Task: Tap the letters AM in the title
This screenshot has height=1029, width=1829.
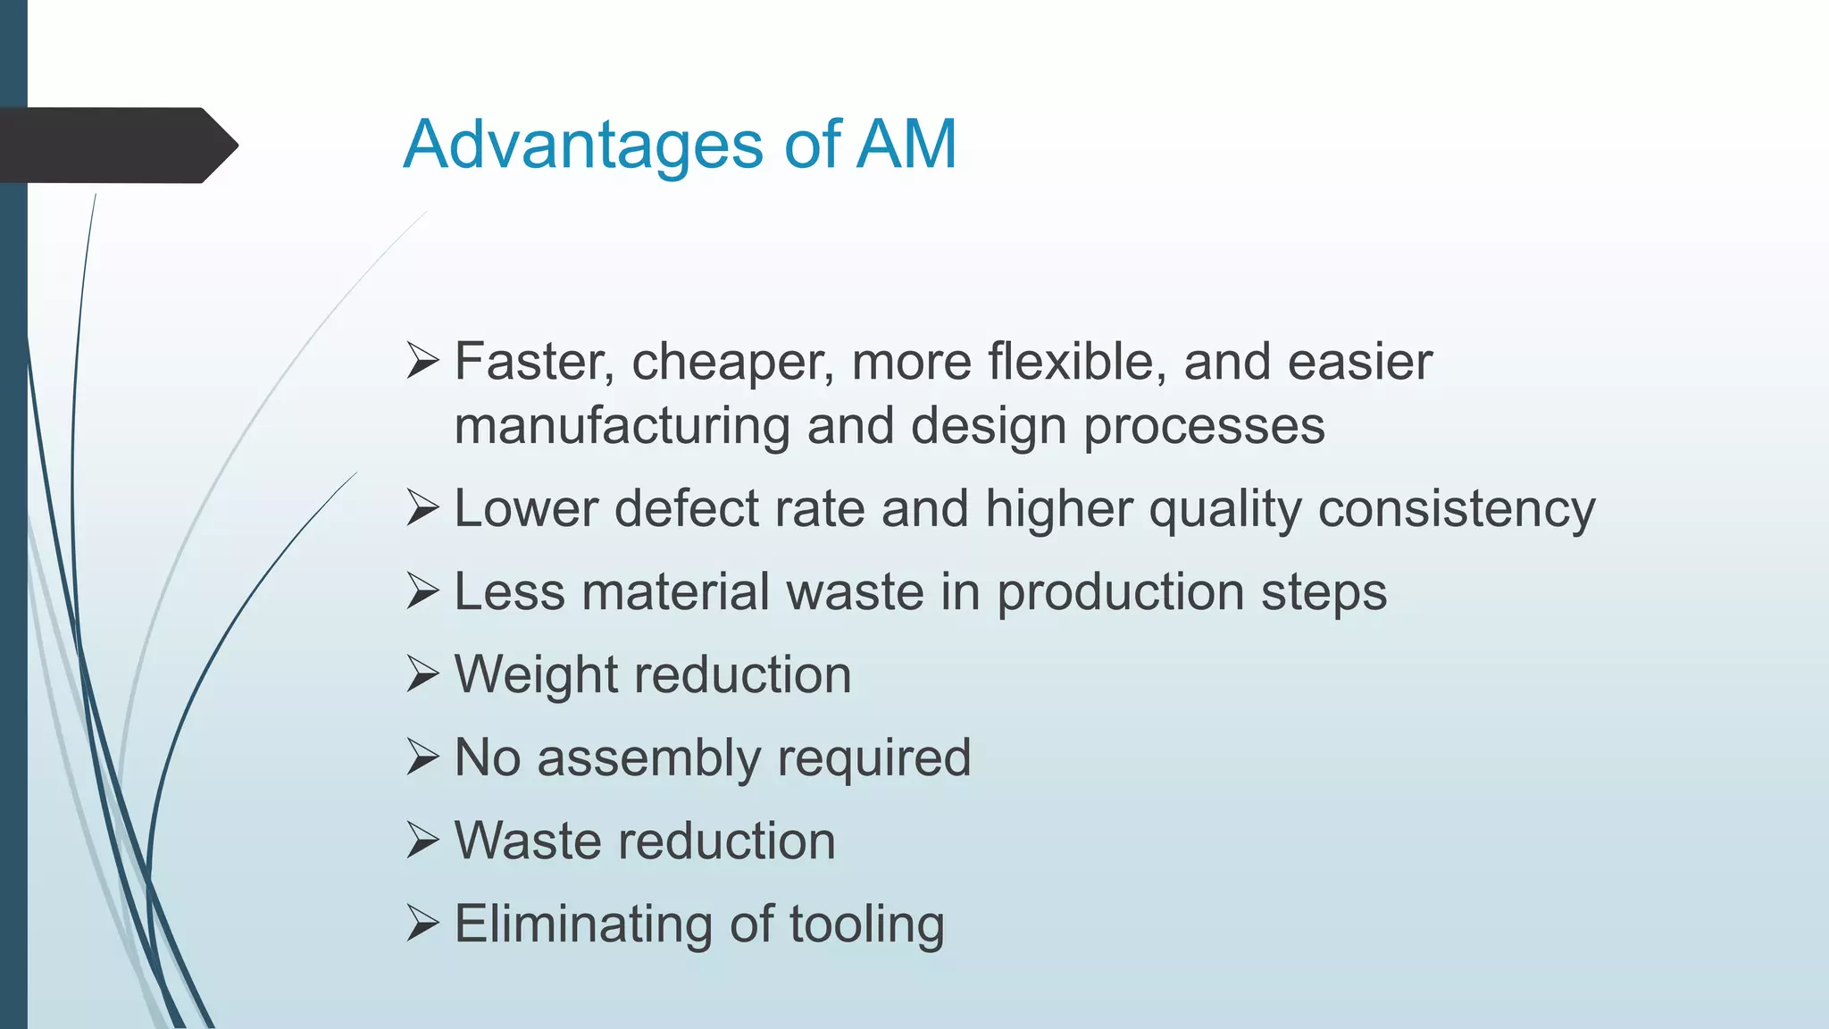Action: pyautogui.click(x=906, y=145)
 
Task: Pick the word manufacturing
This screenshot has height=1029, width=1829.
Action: pyautogui.click(x=622, y=426)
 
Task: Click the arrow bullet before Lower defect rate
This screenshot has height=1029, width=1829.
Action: pyautogui.click(x=422, y=508)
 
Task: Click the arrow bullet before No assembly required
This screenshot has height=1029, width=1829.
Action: pyautogui.click(x=422, y=757)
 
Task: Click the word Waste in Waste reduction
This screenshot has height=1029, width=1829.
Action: pyautogui.click(x=528, y=841)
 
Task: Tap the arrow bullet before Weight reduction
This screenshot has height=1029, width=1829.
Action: pyautogui.click(x=422, y=674)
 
